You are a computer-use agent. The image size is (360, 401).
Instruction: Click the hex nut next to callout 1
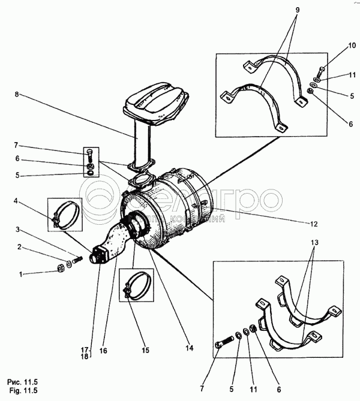tap(61, 267)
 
